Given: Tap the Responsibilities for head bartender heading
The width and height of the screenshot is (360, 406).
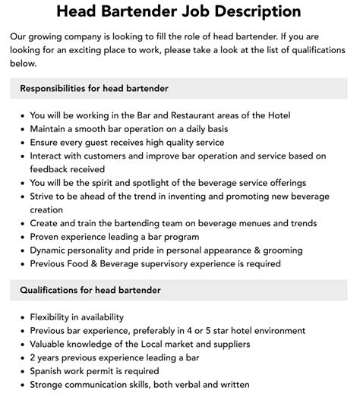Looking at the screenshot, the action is [x=94, y=89].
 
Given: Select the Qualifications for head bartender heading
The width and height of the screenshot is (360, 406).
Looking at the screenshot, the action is [x=90, y=290].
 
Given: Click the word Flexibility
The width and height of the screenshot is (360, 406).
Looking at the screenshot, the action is [x=55, y=317].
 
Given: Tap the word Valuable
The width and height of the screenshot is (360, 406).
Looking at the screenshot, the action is [x=51, y=345].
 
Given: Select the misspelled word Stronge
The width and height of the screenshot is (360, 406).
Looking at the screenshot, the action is [x=50, y=385].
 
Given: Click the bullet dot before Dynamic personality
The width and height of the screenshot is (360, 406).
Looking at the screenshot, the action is [x=21, y=250].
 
